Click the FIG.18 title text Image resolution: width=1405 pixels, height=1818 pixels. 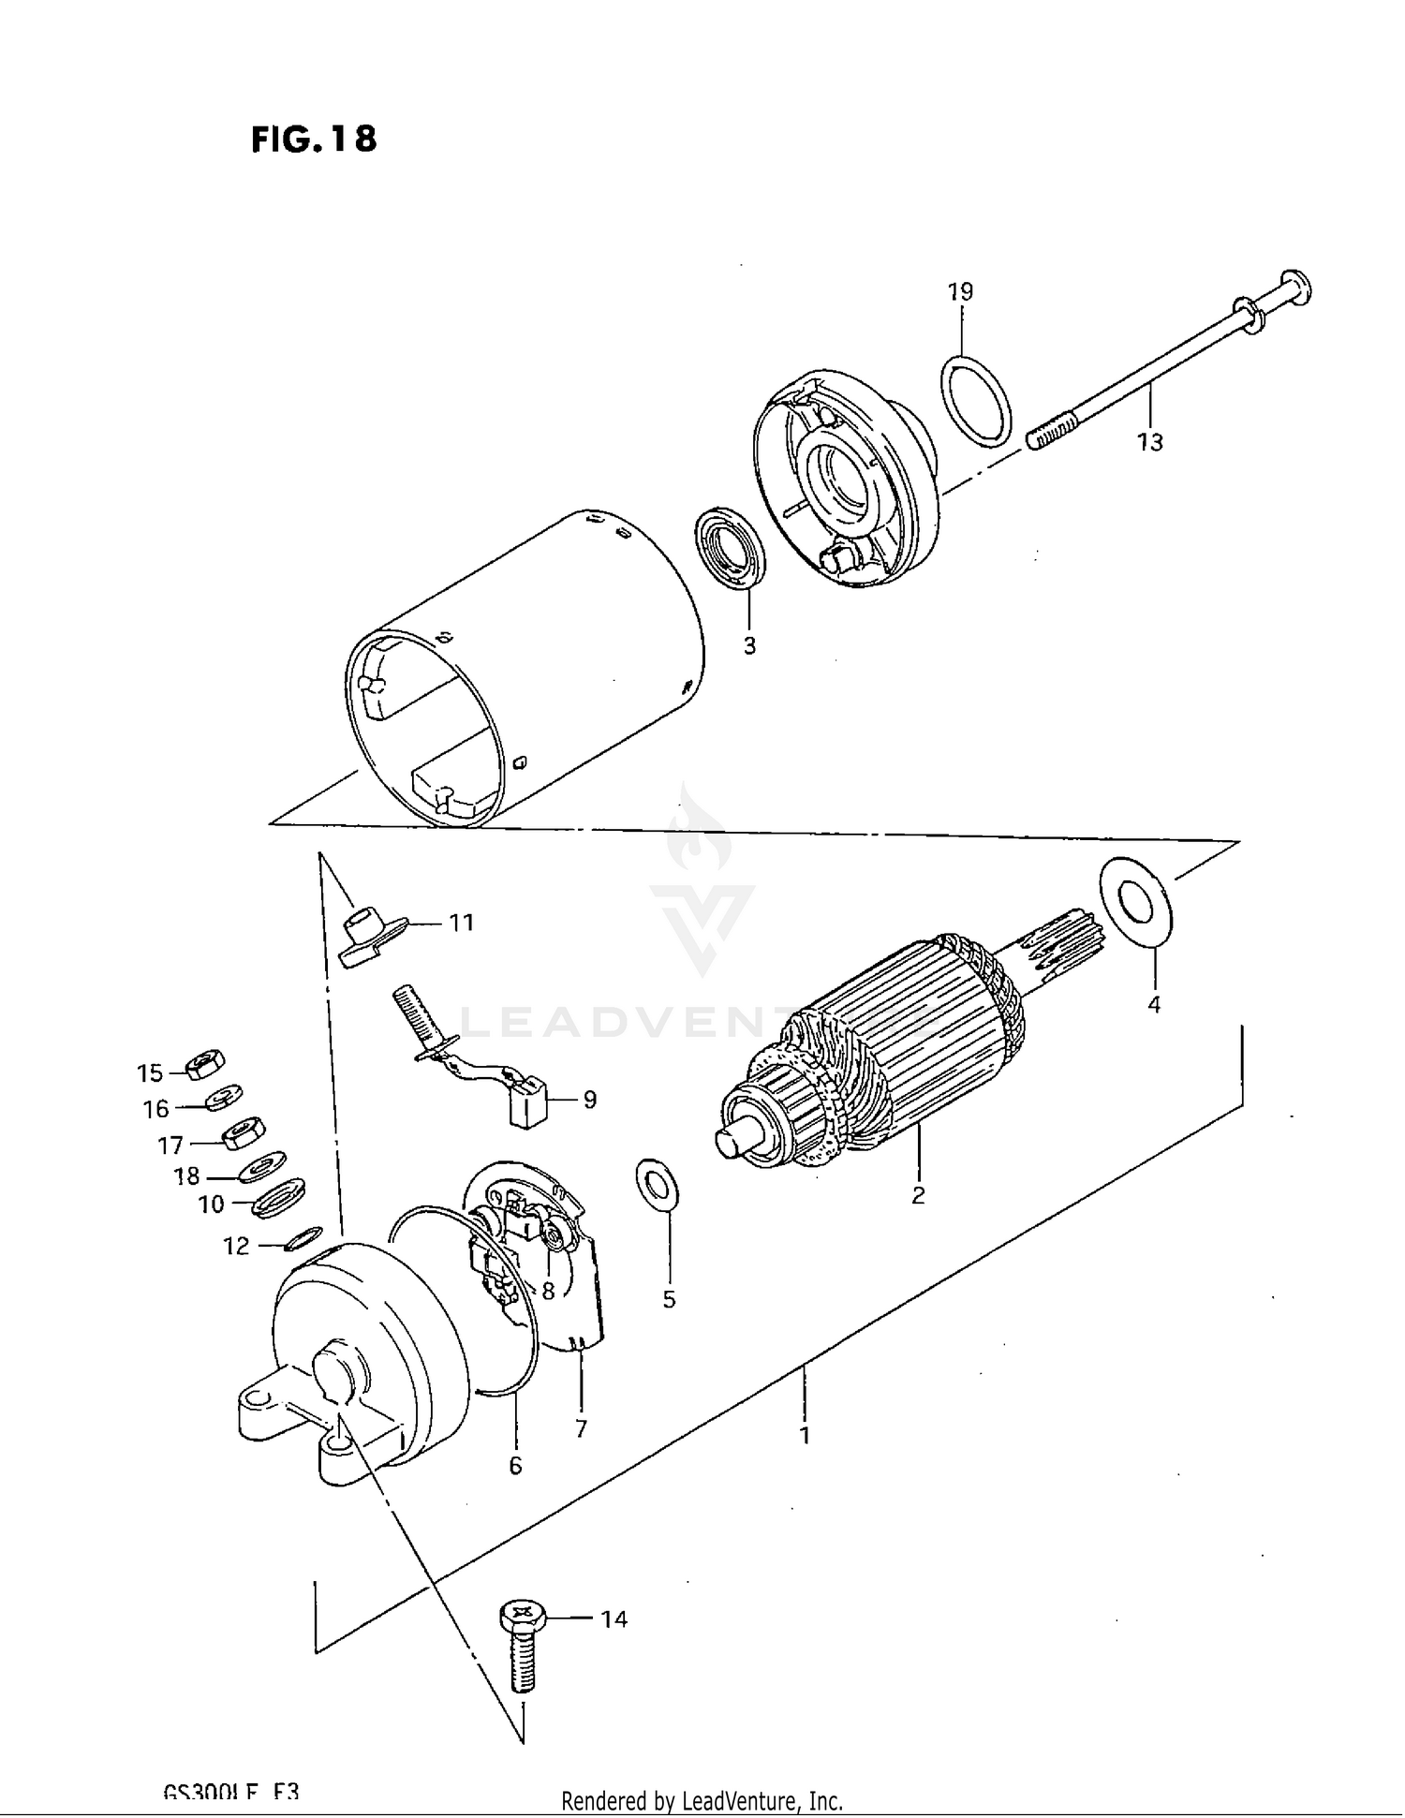pyautogui.click(x=314, y=139)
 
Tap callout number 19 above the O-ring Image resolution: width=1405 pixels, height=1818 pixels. pyautogui.click(x=960, y=291)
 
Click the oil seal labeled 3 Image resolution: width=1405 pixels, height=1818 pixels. pyautogui.click(x=730, y=550)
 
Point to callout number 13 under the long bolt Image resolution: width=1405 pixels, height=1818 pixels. pyautogui.click(x=1149, y=441)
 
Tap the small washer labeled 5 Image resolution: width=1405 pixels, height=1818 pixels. pyautogui.click(x=658, y=1184)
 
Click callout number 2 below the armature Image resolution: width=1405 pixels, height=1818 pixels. pyautogui.click(x=918, y=1194)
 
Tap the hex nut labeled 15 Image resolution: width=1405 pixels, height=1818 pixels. pyautogui.click(x=204, y=1065)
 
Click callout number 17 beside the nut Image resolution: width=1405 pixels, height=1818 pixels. pyautogui.click(x=170, y=1145)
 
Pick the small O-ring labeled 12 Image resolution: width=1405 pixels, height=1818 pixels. pyautogui.click(x=303, y=1238)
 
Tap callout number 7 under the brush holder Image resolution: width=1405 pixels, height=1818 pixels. pyautogui.click(x=581, y=1428)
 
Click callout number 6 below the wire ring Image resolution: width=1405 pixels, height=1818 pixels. pyautogui.click(x=515, y=1465)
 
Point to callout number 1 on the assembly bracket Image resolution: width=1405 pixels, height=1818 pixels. pyautogui.click(x=804, y=1434)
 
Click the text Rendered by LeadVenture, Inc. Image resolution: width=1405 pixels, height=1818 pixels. pyautogui.click(x=702, y=1800)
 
